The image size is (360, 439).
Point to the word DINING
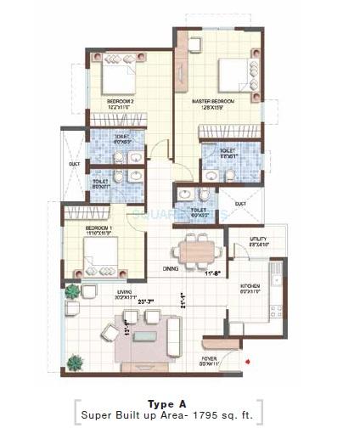171,268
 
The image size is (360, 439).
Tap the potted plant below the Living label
71,291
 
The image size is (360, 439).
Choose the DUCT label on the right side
240,203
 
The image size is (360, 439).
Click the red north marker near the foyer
246,363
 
